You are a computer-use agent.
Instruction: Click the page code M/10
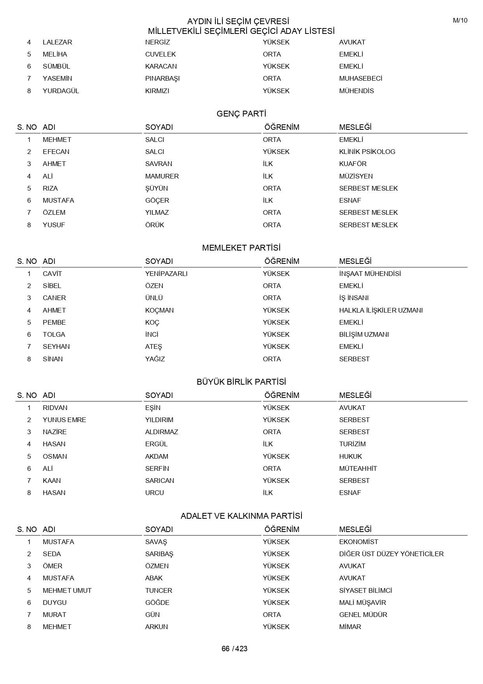460,21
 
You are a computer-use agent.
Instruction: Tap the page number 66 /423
234,649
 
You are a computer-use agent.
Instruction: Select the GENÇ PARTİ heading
241,114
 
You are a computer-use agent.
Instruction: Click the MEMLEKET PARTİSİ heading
241,248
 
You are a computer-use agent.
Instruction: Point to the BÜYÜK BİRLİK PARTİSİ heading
241,382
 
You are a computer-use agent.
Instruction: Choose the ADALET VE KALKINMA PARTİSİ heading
241,516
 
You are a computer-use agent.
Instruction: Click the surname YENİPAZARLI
166,274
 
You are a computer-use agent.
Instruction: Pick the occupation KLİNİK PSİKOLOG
367,152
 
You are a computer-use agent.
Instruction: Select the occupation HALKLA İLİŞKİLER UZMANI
381,310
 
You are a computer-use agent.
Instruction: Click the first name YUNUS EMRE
64,420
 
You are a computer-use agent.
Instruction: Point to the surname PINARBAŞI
162,78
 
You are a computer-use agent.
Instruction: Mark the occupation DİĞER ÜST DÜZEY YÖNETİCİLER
391,554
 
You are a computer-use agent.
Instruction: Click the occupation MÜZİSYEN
356,176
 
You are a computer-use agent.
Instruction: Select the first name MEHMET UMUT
67,590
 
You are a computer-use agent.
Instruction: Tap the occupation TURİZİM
352,444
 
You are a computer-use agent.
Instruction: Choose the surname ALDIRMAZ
162,432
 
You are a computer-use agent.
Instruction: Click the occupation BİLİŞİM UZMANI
364,334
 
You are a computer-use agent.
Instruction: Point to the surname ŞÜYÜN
157,188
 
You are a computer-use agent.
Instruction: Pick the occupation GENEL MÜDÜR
363,615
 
